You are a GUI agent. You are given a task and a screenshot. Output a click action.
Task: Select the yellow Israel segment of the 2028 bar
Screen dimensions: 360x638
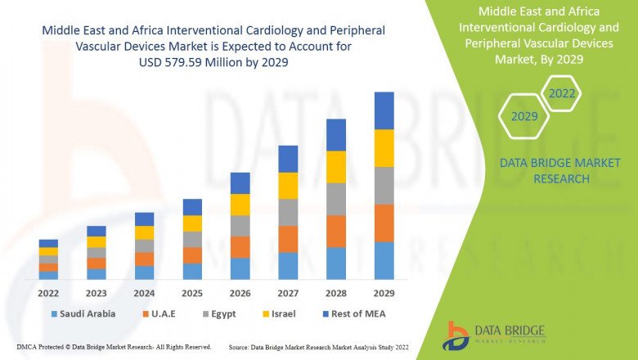point(336,167)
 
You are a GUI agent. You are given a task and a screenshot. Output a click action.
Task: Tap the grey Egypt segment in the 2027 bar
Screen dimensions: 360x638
point(288,212)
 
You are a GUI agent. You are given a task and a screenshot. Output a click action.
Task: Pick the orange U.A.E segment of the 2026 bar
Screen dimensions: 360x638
point(240,247)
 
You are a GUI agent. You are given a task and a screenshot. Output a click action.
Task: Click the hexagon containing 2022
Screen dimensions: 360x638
point(562,94)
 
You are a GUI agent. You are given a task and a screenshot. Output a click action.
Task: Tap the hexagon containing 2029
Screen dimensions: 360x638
point(524,117)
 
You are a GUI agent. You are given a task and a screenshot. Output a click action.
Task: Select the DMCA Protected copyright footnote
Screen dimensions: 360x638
point(114,348)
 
